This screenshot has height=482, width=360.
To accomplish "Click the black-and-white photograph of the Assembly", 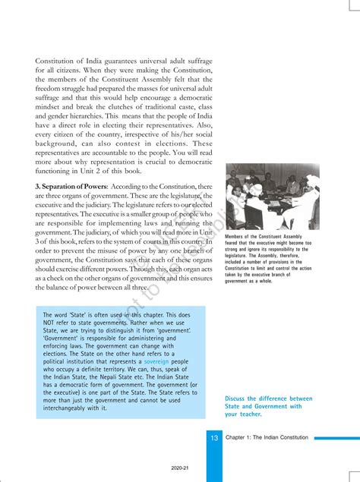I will pyautogui.click(x=272, y=197).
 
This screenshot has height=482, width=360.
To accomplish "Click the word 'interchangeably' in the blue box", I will pyautogui.click(x=71, y=408).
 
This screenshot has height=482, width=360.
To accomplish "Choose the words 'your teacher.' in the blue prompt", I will pyautogui.click(x=243, y=414).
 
